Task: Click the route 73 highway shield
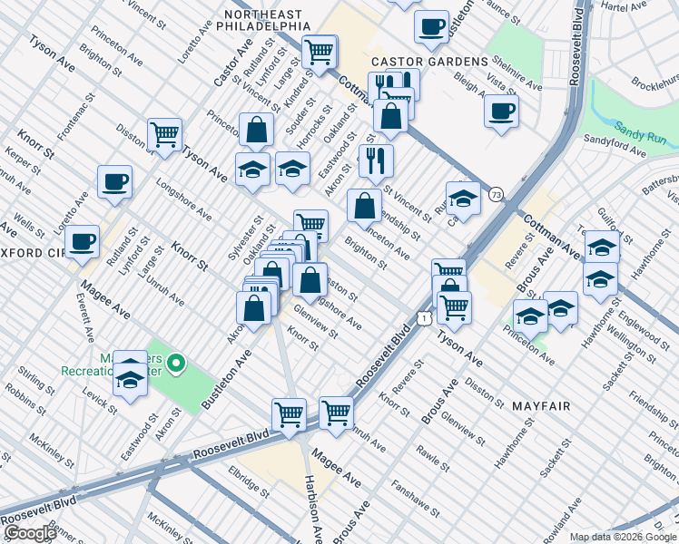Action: pyautogui.click(x=495, y=194)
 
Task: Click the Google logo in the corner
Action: pyautogui.click(x=29, y=532)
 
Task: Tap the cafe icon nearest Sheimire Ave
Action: pyautogui.click(x=501, y=112)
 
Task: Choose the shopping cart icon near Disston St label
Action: pyautogui.click(x=164, y=134)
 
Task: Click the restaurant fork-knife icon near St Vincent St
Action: pyautogui.click(x=376, y=160)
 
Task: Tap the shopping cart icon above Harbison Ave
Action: pyautogui.click(x=290, y=414)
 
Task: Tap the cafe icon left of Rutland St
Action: pyautogui.click(x=82, y=241)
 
